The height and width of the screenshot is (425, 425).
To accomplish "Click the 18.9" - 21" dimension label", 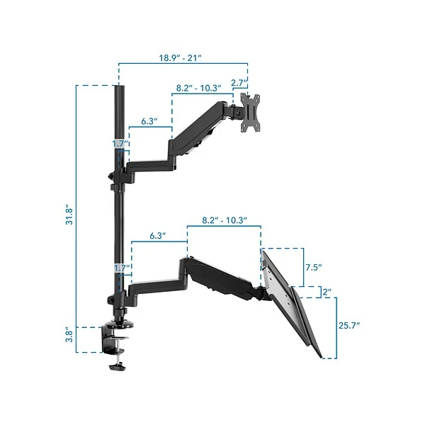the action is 180,58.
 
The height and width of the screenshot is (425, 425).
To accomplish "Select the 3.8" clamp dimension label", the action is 69,336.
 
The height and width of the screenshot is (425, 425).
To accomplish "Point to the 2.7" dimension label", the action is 239,83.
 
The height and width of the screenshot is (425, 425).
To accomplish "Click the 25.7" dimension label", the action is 349,325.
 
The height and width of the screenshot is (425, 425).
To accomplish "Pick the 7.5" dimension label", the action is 314,267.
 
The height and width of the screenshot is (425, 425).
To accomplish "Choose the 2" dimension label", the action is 327,292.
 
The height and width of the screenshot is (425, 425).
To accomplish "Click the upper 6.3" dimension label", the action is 149,121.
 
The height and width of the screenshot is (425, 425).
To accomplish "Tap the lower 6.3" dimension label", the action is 158,236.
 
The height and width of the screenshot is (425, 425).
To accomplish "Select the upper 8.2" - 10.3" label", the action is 198,88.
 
